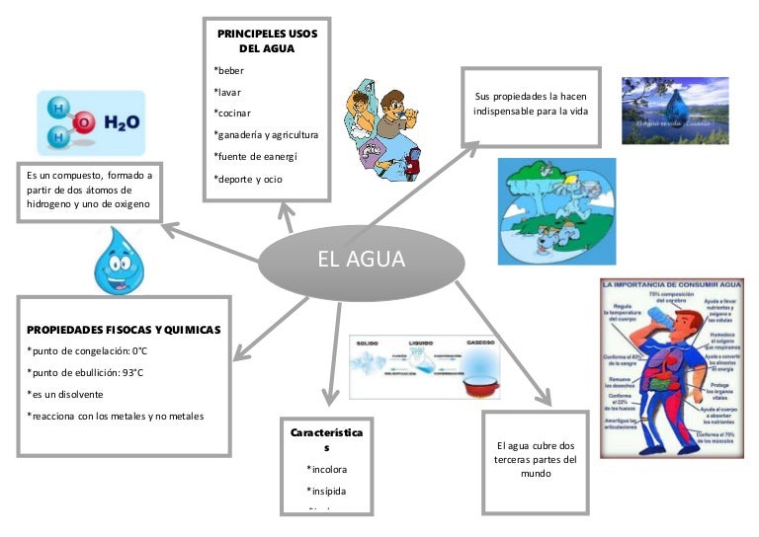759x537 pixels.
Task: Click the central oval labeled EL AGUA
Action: tap(361, 260)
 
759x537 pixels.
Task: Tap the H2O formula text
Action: tap(121, 123)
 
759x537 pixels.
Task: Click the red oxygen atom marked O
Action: tap(85, 122)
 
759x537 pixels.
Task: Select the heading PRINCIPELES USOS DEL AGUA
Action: tap(267, 40)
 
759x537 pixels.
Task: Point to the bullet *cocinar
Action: tap(232, 113)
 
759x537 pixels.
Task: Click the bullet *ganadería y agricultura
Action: tap(266, 134)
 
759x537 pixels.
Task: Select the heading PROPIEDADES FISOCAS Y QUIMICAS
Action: tap(124, 330)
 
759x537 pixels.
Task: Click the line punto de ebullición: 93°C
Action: tap(85, 372)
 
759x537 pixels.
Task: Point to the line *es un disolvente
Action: tap(65, 394)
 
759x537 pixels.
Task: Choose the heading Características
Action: tap(326, 440)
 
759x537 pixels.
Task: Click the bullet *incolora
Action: tap(327, 469)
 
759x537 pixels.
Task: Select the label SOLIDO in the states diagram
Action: tap(369, 342)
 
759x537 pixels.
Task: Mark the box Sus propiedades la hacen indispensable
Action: tap(532, 104)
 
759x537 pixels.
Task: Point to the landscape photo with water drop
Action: tap(674, 111)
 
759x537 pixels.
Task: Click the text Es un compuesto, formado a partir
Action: tap(89, 190)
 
